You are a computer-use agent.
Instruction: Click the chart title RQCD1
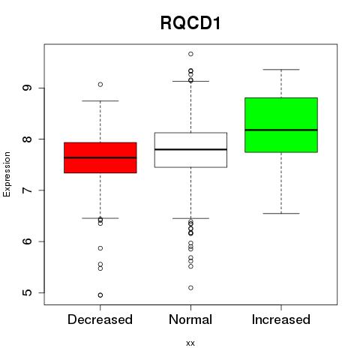tap(190, 23)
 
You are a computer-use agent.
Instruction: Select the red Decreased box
tap(100, 157)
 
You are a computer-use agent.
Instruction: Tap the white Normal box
tap(190, 150)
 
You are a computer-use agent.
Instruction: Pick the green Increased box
tap(281, 125)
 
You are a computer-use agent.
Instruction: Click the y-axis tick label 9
tap(27, 88)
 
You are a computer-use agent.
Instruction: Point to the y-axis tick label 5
tap(27, 292)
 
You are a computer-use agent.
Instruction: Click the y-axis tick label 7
tap(27, 190)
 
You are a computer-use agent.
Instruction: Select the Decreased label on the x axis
tap(100, 319)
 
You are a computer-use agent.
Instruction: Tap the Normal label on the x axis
tap(190, 319)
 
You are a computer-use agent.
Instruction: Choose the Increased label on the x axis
tap(281, 319)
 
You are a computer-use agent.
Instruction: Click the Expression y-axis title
tap(7, 174)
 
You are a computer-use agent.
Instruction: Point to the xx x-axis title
tap(190, 343)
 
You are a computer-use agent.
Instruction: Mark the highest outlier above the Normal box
tap(190, 54)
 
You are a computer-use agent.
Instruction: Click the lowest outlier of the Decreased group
tap(100, 295)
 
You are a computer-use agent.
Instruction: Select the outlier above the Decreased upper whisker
tap(100, 85)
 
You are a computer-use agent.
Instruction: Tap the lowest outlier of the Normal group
tap(190, 288)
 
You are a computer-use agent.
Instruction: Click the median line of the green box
tap(281, 130)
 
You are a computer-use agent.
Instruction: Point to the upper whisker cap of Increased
tap(281, 70)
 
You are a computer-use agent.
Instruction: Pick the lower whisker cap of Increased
tap(281, 214)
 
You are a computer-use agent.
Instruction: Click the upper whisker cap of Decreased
tap(100, 101)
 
